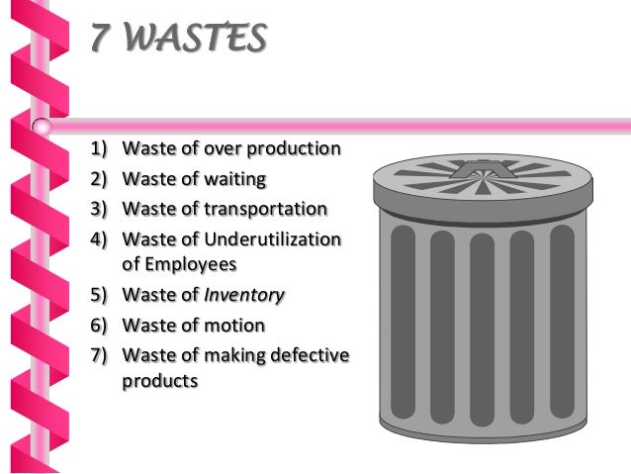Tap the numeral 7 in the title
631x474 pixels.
pos(99,40)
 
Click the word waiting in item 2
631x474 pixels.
pos(235,179)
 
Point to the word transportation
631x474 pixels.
pos(265,209)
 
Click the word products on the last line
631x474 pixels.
pos(159,380)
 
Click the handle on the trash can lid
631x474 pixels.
pos(482,175)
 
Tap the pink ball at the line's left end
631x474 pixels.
pos(42,127)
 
